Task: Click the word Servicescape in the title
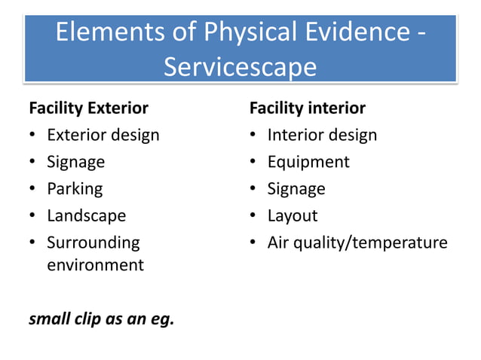pos(240,67)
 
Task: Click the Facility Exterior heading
pos(88,108)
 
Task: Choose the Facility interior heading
pos(307,108)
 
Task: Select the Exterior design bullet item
pos(103,136)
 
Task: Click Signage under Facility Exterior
pos(75,162)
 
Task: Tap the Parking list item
pos(75,189)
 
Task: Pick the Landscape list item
pos(86,216)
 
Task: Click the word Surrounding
pos(93,243)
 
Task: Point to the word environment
pos(95,265)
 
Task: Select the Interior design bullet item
pos(322,136)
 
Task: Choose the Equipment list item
pos(308,162)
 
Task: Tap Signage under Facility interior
pos(296,189)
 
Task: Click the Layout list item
pos(293,216)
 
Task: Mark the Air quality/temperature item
pos(357,243)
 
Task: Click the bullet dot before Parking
pos(33,189)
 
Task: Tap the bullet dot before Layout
pos(254,216)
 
